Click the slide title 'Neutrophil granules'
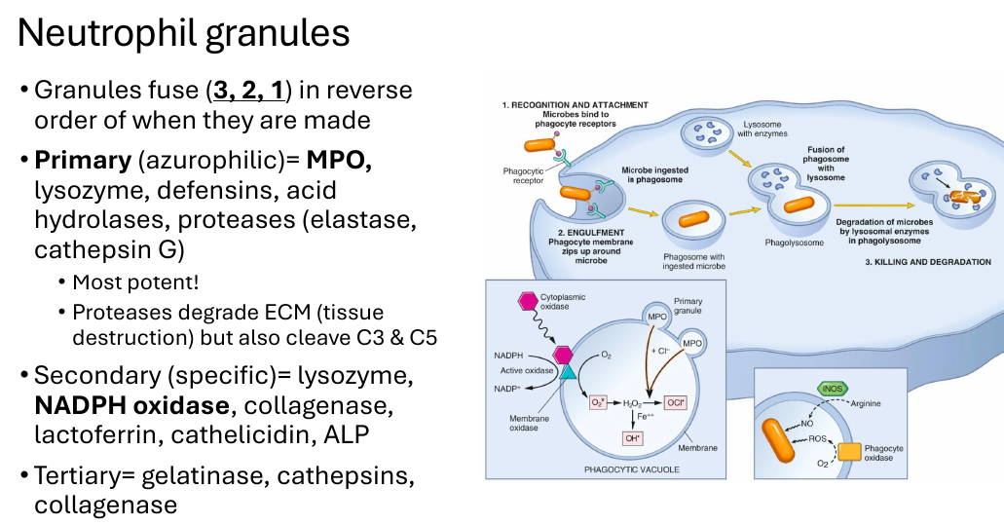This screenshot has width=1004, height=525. pyautogui.click(x=184, y=33)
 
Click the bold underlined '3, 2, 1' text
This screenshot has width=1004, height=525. pyautogui.click(x=248, y=91)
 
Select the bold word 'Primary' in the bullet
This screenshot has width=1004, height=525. pyautogui.click(x=83, y=160)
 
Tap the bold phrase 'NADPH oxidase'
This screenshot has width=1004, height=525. pyautogui.click(x=131, y=405)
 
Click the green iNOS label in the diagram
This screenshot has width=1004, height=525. pyautogui.click(x=833, y=389)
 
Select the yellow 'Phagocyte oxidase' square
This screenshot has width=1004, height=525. pyautogui.click(x=850, y=452)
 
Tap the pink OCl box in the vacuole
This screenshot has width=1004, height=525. pyautogui.click(x=675, y=402)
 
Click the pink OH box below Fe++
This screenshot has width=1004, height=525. pyautogui.click(x=633, y=438)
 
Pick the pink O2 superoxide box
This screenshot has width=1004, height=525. pyautogui.click(x=598, y=402)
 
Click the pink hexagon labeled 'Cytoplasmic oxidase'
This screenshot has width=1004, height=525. pyautogui.click(x=528, y=301)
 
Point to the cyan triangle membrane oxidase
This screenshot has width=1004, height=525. pyautogui.click(x=568, y=371)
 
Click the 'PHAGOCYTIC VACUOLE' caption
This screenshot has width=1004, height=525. pyautogui.click(x=632, y=469)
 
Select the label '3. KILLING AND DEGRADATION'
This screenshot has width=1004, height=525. pyautogui.click(x=928, y=262)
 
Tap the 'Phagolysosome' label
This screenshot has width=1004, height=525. pyautogui.click(x=794, y=244)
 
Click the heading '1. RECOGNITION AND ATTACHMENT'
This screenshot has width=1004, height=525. pyautogui.click(x=575, y=105)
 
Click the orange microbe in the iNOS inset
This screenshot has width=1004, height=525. pyautogui.click(x=778, y=440)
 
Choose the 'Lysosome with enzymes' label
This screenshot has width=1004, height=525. pyautogui.click(x=762, y=130)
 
